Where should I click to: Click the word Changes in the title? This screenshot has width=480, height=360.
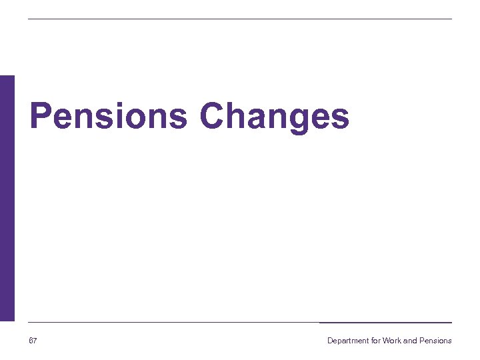tap(274, 117)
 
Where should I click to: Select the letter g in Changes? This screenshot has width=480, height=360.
tap(295, 120)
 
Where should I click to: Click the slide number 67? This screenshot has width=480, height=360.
tap(33, 341)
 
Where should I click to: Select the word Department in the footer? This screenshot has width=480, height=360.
tap(347, 341)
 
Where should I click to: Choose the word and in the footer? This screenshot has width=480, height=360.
tap(410, 341)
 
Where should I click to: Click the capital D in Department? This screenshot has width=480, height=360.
tap(330, 341)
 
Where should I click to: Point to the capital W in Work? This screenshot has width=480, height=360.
tap(386, 341)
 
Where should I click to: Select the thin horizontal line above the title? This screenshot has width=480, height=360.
tap(240, 19)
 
